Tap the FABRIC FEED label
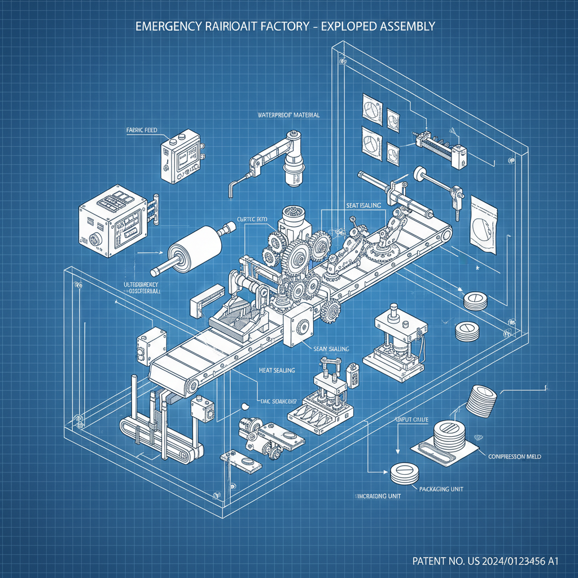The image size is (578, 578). (142, 130)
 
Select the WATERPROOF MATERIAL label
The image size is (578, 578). (288, 115)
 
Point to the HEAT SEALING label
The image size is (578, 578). (277, 370)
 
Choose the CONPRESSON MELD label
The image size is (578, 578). (513, 456)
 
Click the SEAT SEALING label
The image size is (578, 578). (362, 206)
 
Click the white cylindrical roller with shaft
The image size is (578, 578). (195, 248)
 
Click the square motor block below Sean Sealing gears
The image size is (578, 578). (297, 326)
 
